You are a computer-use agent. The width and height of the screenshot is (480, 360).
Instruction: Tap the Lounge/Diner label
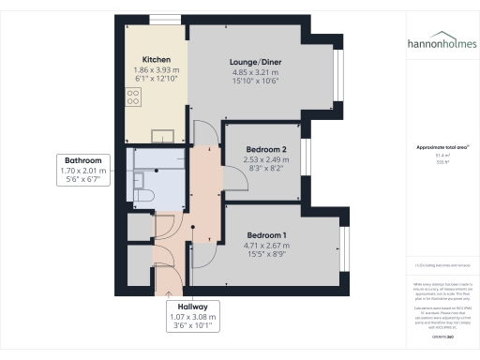click(x=256, y=63)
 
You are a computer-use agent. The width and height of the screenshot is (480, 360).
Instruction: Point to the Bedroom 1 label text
click(x=267, y=234)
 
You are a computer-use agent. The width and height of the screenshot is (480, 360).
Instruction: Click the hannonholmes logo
click(x=441, y=43)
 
